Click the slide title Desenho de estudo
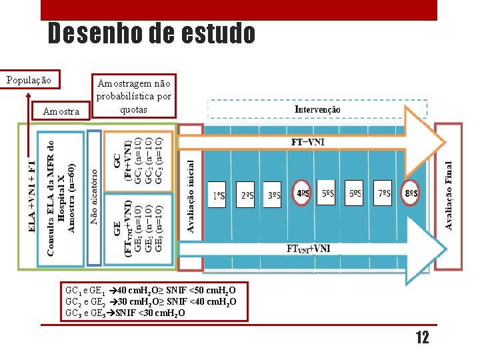[151, 33]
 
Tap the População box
[29, 80]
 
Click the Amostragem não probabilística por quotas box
[134, 95]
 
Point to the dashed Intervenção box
[317, 109]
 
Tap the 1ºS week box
[219, 195]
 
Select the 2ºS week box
[247, 195]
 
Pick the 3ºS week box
[273, 195]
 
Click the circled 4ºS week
[301, 194]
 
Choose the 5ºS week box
[328, 194]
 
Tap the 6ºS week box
[356, 194]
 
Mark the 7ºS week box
[383, 194]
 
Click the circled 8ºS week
[411, 194]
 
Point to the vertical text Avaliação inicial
[191, 196]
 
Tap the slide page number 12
[422, 337]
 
